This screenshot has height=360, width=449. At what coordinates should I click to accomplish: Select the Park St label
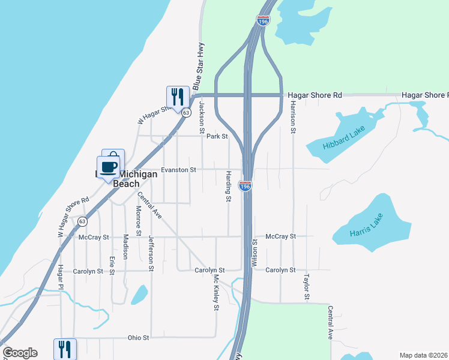217,137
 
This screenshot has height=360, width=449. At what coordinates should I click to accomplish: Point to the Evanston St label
178,170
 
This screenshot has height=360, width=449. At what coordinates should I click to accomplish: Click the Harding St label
229,186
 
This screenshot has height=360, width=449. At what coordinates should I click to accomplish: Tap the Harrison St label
293,116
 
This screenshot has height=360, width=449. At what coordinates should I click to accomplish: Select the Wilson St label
255,253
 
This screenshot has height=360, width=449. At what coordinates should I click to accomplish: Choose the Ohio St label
138,338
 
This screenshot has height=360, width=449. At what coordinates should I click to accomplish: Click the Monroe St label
138,220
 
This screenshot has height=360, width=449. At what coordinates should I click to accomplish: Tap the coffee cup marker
109,167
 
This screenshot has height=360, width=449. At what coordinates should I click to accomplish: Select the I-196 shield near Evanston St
245,186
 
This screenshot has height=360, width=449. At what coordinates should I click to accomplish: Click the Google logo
20,353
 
